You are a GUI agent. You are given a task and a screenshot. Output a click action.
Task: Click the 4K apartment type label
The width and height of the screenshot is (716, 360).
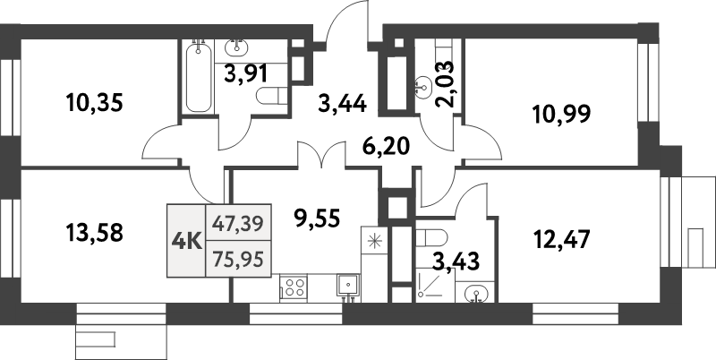coord(186,240)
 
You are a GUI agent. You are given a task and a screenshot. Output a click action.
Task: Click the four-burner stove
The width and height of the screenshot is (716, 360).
coord(294,287)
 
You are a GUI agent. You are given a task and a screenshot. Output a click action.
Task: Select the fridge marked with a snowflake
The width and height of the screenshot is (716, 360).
coord(372,241)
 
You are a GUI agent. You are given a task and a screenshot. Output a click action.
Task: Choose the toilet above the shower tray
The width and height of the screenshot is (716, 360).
coord(432,238)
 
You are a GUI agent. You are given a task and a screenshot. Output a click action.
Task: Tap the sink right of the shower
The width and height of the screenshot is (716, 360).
coord(474,290)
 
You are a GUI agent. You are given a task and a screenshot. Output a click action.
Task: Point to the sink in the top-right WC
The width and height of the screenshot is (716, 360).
coord(423,88)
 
